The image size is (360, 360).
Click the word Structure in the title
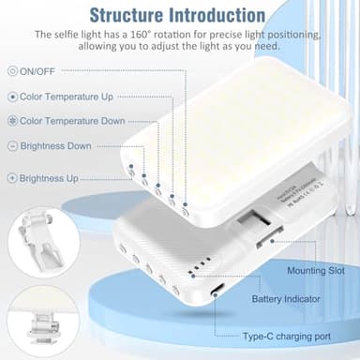point(132,15)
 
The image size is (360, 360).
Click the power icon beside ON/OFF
point(11,70)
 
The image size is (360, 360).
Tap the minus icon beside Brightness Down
point(11,146)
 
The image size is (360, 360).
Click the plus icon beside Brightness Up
point(11,177)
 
